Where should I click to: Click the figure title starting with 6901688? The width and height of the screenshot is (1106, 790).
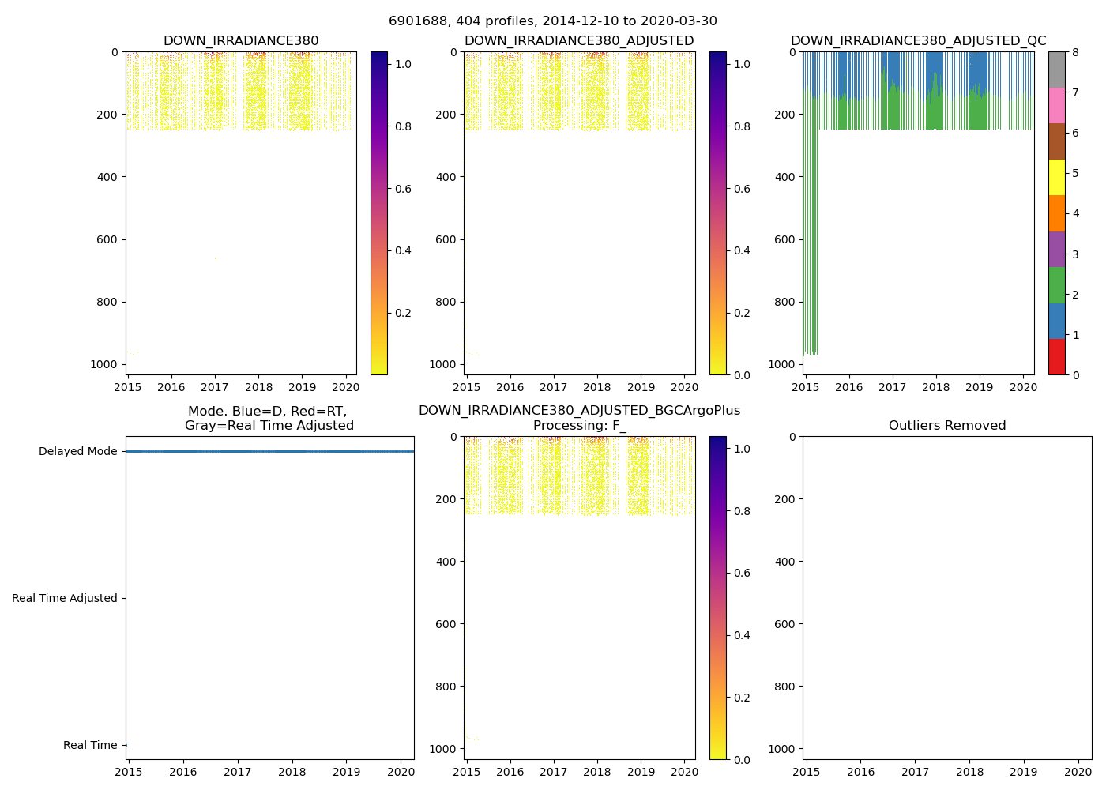click(x=553, y=21)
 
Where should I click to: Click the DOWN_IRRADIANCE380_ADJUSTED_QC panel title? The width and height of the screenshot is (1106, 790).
click(x=918, y=41)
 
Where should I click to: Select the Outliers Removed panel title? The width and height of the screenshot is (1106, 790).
click(x=947, y=426)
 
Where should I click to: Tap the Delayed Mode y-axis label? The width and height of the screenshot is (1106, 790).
click(x=77, y=452)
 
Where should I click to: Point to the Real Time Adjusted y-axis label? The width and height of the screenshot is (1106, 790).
click(x=65, y=599)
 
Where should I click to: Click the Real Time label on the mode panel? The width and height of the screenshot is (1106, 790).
click(x=90, y=746)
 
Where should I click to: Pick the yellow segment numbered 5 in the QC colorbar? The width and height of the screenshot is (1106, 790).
click(x=1056, y=178)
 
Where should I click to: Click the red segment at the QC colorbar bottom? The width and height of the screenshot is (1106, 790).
click(x=1056, y=357)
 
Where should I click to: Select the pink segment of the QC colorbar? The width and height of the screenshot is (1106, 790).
click(x=1056, y=106)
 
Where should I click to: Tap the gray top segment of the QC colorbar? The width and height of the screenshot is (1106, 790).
click(x=1056, y=70)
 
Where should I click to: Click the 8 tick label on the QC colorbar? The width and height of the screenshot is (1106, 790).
click(x=1074, y=52)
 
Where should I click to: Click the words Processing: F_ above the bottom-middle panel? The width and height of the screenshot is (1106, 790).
click(x=579, y=426)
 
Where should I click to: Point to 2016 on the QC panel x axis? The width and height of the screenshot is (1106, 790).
click(x=848, y=387)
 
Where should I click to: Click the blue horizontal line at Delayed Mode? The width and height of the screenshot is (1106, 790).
click(x=269, y=452)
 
